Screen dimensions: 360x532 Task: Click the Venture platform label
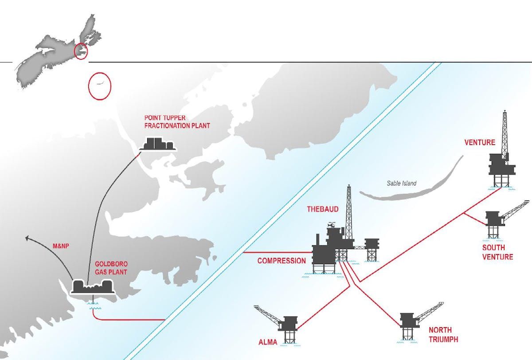tap(479, 143)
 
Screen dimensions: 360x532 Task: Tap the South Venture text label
tap(497, 252)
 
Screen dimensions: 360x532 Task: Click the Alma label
tap(268, 342)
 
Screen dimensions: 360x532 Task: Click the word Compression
tap(282, 261)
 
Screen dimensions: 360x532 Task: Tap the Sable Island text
tap(402, 183)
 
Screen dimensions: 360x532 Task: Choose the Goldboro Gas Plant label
tap(111, 268)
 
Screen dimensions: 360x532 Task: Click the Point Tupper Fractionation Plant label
tap(177, 122)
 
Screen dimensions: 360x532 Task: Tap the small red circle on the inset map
tap(81, 51)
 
